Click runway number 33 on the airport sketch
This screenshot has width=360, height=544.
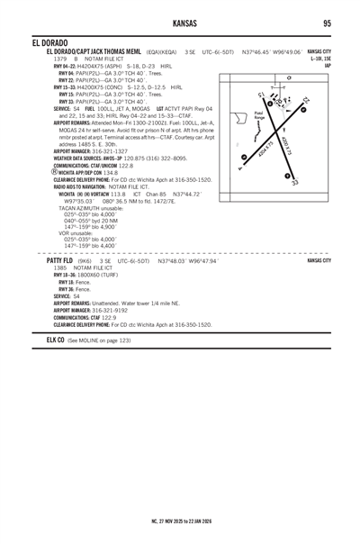tap(295, 182)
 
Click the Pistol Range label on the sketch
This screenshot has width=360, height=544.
tap(259, 116)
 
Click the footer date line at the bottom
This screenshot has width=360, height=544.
tap(180, 520)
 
